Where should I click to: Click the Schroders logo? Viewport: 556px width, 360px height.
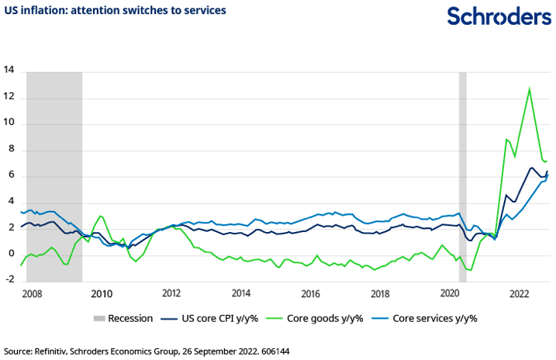[497, 17]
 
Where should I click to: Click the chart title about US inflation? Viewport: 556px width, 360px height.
[115, 11]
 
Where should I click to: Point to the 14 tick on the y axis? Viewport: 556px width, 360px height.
[10, 70]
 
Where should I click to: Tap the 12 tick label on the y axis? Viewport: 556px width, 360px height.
[10, 97]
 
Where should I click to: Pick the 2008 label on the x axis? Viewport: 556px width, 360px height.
[32, 294]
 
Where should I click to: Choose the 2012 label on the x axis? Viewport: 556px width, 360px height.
[171, 294]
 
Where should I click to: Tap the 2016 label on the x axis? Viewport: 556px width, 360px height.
[310, 294]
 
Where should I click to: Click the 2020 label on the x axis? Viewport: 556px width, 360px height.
[450, 294]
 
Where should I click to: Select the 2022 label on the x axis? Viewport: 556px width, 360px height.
[519, 294]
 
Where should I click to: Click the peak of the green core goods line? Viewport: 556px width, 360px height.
[530, 88]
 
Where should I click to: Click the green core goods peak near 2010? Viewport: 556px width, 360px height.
[101, 216]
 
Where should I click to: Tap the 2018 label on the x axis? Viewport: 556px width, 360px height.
[380, 294]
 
